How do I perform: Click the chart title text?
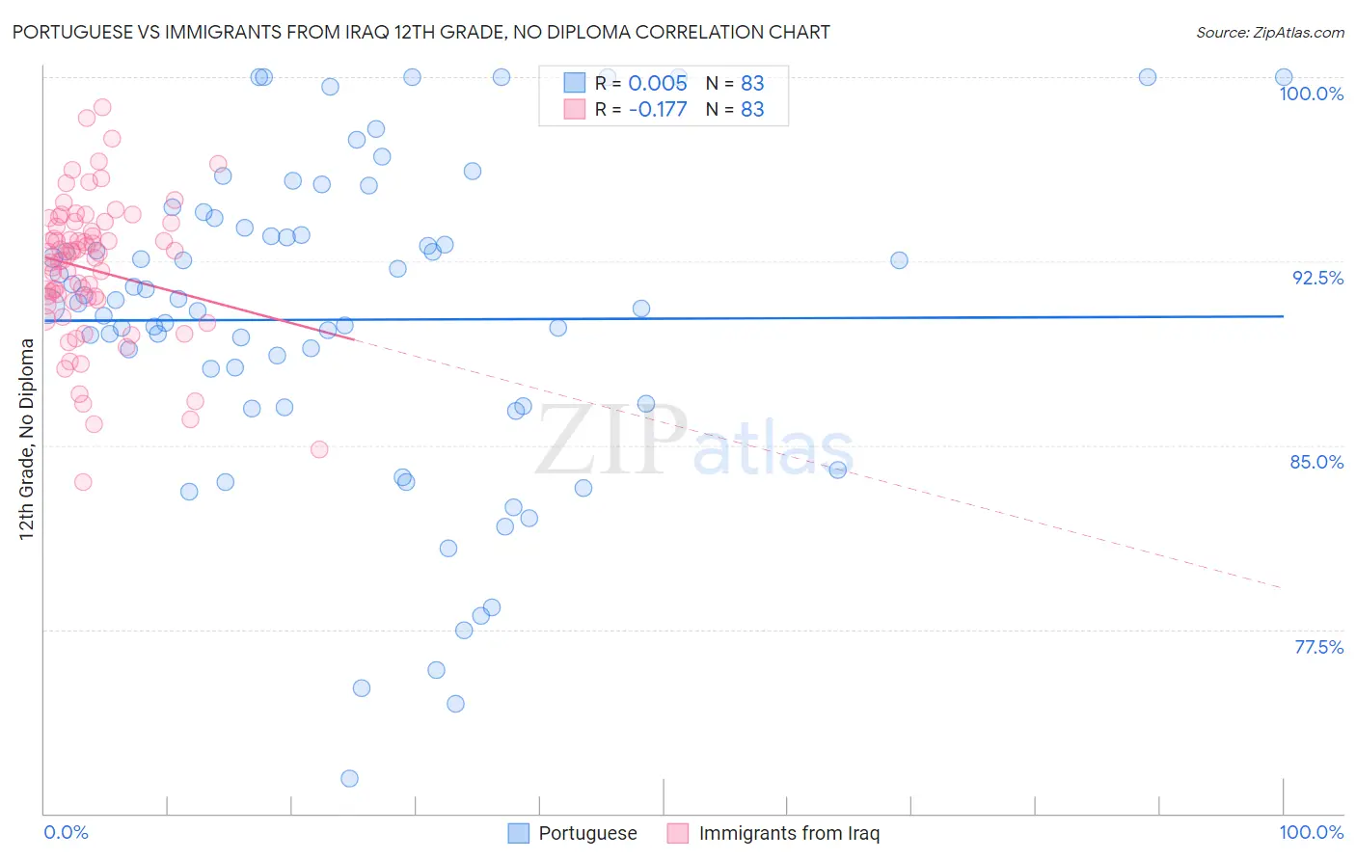tap(420, 33)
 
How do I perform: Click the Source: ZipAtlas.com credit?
tap(1269, 33)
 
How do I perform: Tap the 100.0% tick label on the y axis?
tap(1311, 94)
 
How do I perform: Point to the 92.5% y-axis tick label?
tap(1317, 278)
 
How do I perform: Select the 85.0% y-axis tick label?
tap(1316, 462)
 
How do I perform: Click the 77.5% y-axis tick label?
tap(1318, 647)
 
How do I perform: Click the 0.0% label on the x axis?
tap(66, 832)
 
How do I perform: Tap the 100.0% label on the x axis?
tap(1311, 832)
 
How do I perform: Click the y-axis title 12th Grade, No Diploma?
tap(27, 439)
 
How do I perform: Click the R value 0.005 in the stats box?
tap(658, 84)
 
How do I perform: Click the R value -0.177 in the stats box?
tap(658, 110)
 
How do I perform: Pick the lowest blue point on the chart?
tap(349, 778)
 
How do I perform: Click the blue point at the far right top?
tap(1284, 77)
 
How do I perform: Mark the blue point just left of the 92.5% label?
tap(899, 260)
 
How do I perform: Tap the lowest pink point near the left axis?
tap(83, 482)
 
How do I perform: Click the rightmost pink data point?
tap(319, 449)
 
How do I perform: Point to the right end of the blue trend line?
tap(1284, 316)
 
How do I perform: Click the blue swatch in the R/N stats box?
tap(575, 83)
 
